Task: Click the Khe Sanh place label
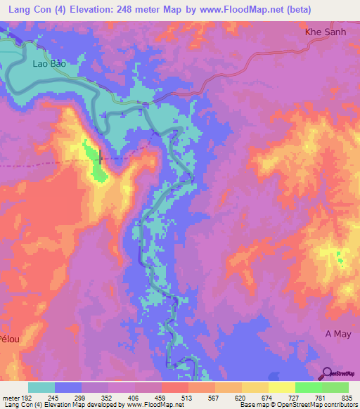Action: pyautogui.click(x=327, y=32)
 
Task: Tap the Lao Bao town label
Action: pyautogui.click(x=49, y=63)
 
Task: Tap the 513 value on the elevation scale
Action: pyautogui.click(x=188, y=396)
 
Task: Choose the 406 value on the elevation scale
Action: pyautogui.click(x=134, y=396)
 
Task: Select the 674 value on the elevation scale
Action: pyautogui.click(x=266, y=396)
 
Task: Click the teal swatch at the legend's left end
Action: pyautogui.click(x=41, y=387)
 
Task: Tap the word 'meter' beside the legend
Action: pyautogui.click(x=9, y=396)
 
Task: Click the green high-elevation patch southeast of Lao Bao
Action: pyautogui.click(x=95, y=162)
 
